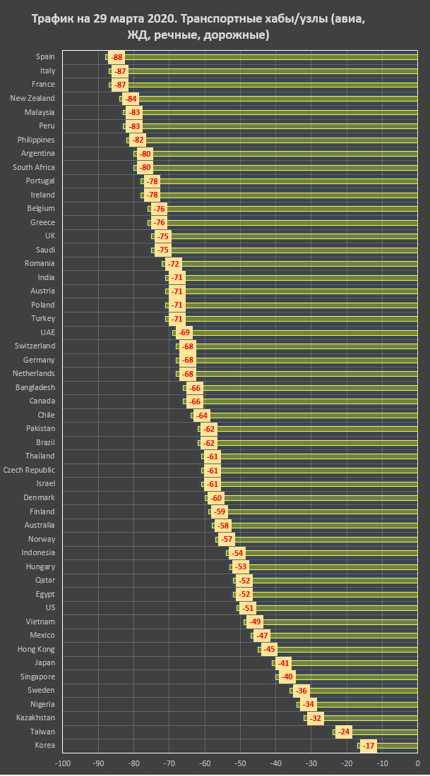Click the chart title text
pyautogui.click(x=214, y=27)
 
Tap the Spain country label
pyautogui.click(x=46, y=57)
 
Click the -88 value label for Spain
pyautogui.click(x=117, y=57)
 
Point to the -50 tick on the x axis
pyautogui.click(x=240, y=763)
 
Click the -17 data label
pyautogui.click(x=369, y=746)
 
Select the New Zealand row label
pyautogui.click(x=32, y=98)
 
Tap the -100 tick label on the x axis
pyautogui.click(x=63, y=763)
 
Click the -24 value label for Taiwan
pyautogui.click(x=344, y=732)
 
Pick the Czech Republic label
pyautogui.click(x=29, y=470)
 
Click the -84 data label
pyautogui.click(x=131, y=98)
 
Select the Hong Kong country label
pyautogui.click(x=37, y=649)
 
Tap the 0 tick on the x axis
pyautogui.click(x=417, y=763)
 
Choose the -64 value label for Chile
pyautogui.click(x=201, y=416)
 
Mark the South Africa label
pyautogui.click(x=34, y=167)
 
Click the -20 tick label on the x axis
pyautogui.click(x=347, y=763)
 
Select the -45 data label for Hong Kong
pyautogui.click(x=269, y=649)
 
